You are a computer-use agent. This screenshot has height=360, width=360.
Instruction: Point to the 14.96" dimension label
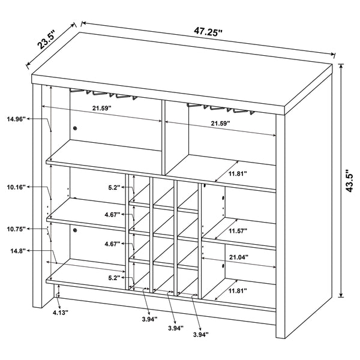coord(16,119)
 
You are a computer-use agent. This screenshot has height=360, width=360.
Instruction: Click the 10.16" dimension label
coord(16,187)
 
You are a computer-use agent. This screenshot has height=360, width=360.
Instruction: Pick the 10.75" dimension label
coord(16,230)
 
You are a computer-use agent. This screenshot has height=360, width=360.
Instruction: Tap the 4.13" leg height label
coord(60,313)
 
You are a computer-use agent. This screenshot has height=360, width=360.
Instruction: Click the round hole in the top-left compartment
coord(76,128)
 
